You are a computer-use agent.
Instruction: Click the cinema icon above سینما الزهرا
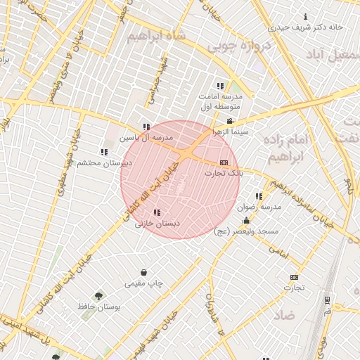[229, 122]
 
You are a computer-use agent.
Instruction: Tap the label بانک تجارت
[223, 172]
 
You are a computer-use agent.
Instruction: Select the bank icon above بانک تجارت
[224, 162]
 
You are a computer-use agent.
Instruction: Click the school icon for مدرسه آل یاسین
[146, 127]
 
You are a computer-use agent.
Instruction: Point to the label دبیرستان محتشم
[105, 162]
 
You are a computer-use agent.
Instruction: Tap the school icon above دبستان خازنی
[157, 212]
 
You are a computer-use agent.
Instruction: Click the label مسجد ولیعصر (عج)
[247, 231]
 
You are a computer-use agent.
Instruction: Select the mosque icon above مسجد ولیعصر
[245, 221]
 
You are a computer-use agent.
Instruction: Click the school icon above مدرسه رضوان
[259, 196]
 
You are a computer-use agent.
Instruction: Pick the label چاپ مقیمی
[144, 283]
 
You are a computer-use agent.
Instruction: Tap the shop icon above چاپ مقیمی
[144, 273]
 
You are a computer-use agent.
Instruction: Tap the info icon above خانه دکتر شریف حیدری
[305, 16]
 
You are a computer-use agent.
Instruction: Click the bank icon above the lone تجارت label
[294, 277]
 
